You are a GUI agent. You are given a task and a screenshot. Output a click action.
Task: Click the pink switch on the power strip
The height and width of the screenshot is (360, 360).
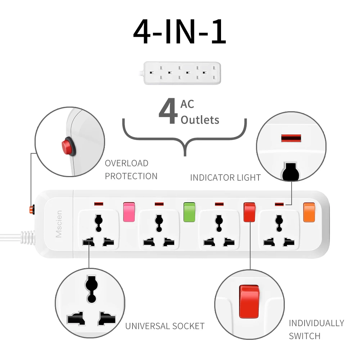[x=129, y=212]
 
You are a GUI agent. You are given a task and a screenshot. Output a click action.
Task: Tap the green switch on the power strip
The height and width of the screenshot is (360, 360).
[x=189, y=212]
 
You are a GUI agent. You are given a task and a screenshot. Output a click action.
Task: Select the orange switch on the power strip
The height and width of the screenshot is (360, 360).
[x=309, y=212]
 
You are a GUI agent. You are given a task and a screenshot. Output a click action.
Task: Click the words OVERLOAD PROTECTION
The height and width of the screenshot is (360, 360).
[x=131, y=170]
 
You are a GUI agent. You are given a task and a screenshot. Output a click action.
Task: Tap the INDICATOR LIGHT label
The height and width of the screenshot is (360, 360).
[x=225, y=177]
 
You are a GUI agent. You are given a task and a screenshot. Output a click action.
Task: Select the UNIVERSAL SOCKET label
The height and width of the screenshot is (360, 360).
[x=165, y=326]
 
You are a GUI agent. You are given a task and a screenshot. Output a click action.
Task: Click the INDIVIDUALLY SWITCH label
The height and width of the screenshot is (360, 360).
[x=316, y=329]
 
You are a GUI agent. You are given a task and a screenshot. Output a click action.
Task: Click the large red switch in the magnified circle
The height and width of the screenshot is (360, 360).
[x=249, y=302]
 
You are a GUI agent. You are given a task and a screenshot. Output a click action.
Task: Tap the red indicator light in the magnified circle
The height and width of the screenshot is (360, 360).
[x=291, y=139]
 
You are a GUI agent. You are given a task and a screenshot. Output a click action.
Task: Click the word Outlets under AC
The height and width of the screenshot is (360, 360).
[x=200, y=120]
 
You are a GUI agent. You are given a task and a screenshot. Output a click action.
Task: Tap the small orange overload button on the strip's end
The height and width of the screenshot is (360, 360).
[x=32, y=209]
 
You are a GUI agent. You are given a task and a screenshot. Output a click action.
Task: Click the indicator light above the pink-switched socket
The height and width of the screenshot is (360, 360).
[x=99, y=204]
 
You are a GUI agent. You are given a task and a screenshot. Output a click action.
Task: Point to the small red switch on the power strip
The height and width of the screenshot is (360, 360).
[x=249, y=212]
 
